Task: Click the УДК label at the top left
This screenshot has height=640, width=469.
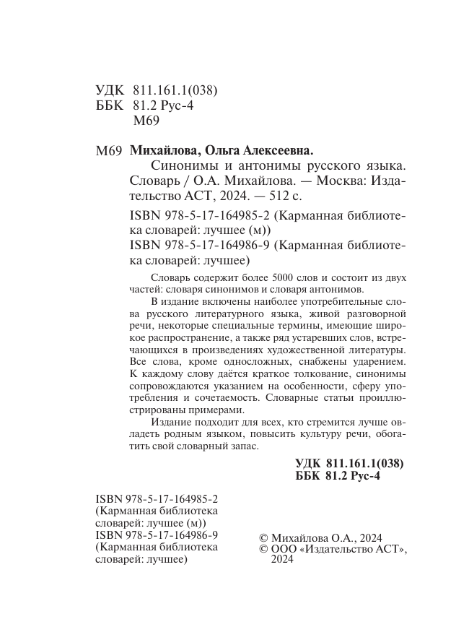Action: (x=110, y=91)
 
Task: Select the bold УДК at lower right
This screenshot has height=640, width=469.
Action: (x=309, y=464)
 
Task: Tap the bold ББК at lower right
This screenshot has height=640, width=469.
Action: (x=309, y=477)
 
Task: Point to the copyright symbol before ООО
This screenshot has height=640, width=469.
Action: (x=263, y=550)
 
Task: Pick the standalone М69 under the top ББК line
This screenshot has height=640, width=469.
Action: (x=146, y=121)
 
